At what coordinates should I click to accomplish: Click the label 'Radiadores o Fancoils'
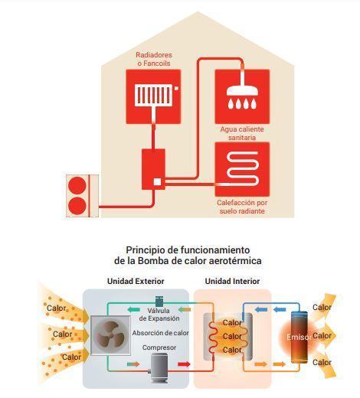[154, 59]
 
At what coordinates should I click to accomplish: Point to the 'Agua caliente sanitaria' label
[242, 133]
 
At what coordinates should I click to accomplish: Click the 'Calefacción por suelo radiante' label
[242, 207]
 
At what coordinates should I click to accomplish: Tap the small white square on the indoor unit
[157, 182]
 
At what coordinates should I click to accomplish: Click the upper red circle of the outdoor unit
[77, 185]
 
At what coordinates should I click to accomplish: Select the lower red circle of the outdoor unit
[77, 206]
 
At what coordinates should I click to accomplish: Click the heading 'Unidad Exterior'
[136, 281]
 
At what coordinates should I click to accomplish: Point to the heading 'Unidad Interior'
[232, 281]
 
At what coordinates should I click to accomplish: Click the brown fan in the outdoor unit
[110, 335]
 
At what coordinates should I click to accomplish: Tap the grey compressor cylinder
[159, 367]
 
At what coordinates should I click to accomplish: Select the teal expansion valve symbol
[159, 301]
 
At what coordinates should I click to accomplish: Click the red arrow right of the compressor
[184, 364]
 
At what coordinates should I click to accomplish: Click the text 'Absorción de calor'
[160, 333]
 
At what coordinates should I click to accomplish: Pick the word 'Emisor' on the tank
[298, 337]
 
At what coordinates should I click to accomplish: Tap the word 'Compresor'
[159, 347]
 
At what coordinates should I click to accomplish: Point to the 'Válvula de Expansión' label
[159, 315]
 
